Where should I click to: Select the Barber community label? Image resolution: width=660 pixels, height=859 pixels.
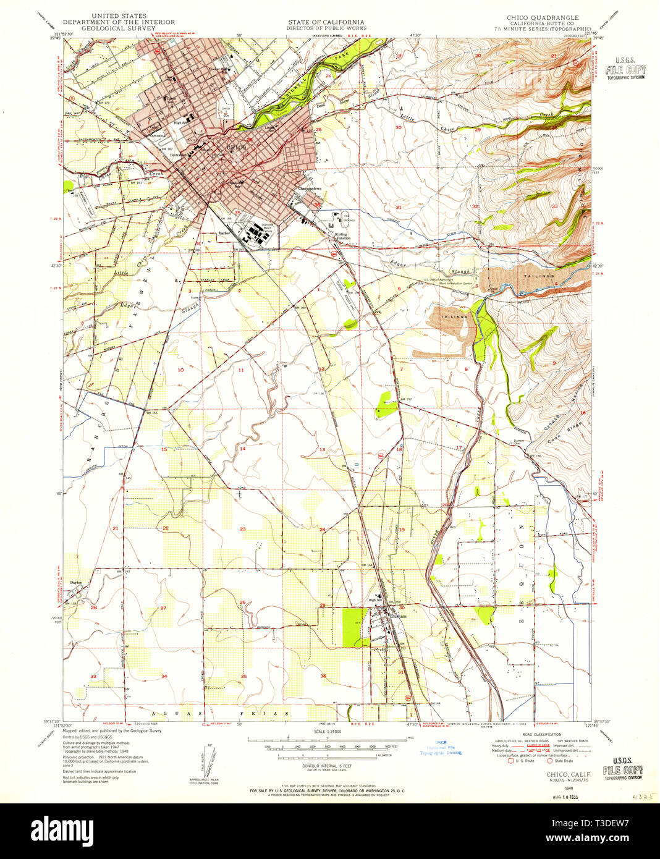[x=224, y=234]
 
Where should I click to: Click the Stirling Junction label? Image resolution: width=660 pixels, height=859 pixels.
[x=342, y=236]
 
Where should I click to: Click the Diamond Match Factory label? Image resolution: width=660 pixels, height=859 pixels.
[x=268, y=227]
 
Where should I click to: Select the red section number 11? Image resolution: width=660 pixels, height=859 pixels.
[x=241, y=370]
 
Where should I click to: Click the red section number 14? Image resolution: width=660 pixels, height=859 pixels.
[x=243, y=449]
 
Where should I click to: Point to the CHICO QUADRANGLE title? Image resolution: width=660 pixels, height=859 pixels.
[x=544, y=18]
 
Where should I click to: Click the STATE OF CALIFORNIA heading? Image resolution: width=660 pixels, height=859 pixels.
[x=326, y=22]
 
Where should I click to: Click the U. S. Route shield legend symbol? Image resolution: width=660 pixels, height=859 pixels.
[x=510, y=760]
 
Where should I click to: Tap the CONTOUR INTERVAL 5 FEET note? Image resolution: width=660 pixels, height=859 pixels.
[x=328, y=765]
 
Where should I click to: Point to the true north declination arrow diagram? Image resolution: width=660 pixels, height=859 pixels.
[x=206, y=761]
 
